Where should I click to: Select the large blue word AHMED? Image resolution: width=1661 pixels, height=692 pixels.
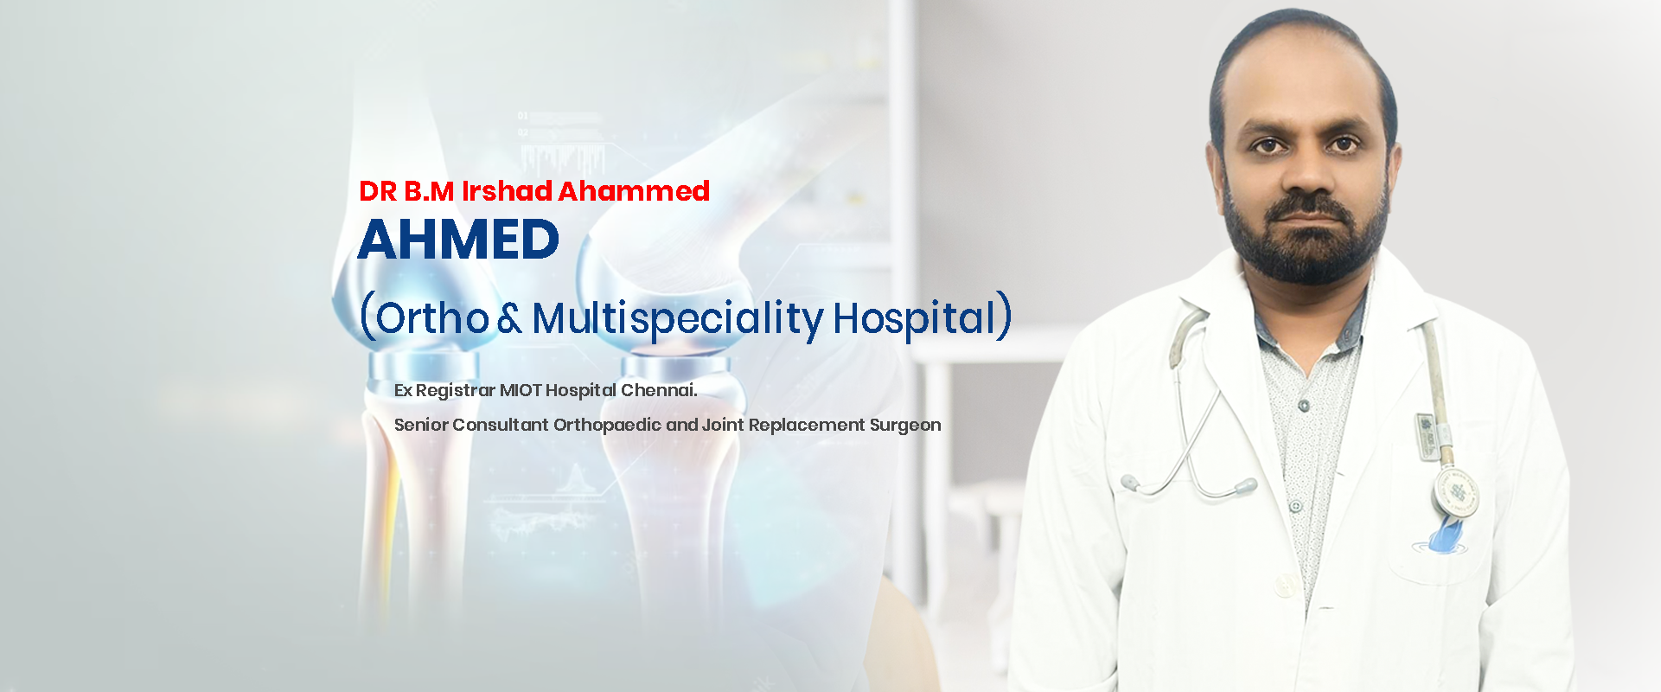(x=458, y=240)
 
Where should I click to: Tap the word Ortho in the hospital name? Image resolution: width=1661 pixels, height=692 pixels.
(x=432, y=317)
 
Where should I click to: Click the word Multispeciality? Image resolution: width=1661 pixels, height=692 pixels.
(x=678, y=318)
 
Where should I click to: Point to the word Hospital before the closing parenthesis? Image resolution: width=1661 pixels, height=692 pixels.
(x=915, y=317)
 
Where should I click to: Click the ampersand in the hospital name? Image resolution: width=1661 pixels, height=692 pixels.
(x=510, y=318)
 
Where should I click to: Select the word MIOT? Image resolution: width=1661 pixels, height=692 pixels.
(x=521, y=390)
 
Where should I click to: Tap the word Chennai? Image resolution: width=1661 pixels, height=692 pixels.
(x=659, y=390)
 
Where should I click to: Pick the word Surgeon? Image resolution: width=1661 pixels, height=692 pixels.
(x=905, y=426)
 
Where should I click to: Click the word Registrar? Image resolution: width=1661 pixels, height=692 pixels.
(x=456, y=391)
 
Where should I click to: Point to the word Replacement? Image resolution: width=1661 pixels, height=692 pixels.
(x=807, y=426)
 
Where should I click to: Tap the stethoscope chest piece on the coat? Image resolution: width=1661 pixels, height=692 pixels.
(x=1455, y=491)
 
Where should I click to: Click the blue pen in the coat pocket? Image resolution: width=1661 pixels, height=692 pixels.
(x=1447, y=532)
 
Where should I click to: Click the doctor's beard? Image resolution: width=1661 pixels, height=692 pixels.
(x=1306, y=242)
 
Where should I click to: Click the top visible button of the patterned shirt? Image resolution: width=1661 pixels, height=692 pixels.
(x=1304, y=404)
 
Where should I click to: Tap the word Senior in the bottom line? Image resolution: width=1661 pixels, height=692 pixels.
(x=421, y=425)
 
